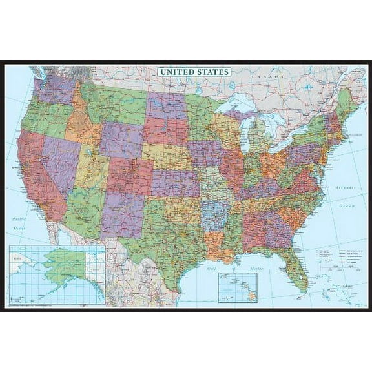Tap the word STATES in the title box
212,72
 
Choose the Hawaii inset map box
238,286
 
